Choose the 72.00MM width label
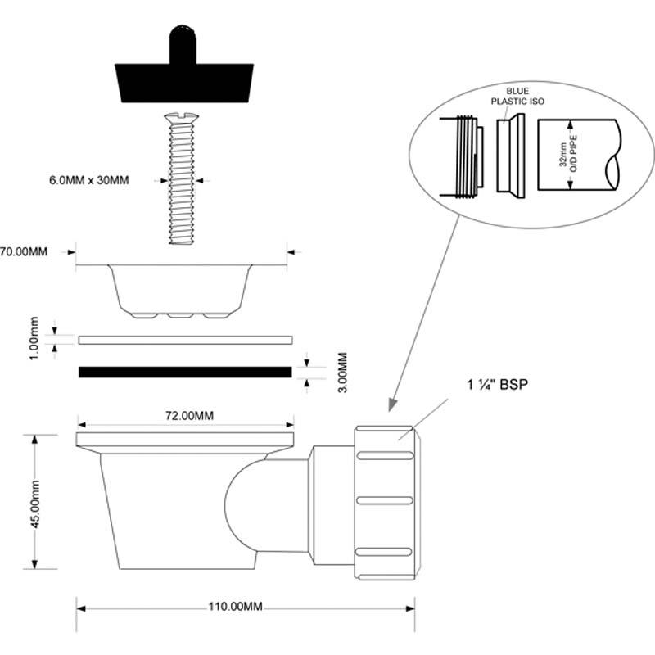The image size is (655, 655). [x=185, y=416]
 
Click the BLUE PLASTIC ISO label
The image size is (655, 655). [x=517, y=96]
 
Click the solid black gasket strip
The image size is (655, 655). [x=185, y=373]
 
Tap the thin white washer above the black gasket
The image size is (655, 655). [x=185, y=339]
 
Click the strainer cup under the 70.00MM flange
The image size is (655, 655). [x=181, y=291]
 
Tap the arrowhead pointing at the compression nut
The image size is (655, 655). [x=392, y=404]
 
